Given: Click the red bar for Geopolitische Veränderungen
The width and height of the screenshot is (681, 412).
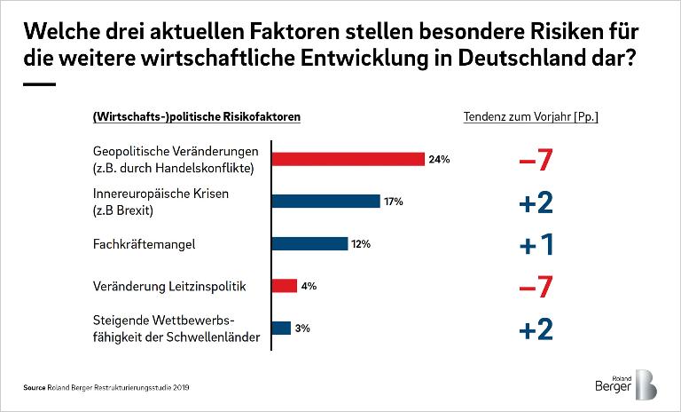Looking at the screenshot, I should pyautogui.click(x=348, y=159).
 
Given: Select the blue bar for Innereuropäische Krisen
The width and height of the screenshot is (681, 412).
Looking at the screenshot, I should pyautogui.click(x=325, y=202).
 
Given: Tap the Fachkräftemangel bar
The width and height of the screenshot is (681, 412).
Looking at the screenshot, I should pyautogui.click(x=309, y=243).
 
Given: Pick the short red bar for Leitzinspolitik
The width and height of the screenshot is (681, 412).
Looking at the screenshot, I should pyautogui.click(x=284, y=286).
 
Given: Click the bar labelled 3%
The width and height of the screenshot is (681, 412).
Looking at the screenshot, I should pyautogui.click(x=281, y=329).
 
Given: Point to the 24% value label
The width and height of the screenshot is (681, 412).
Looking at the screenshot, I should pyautogui.click(x=440, y=160).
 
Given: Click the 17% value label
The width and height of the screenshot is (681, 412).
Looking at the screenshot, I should pyautogui.click(x=393, y=202).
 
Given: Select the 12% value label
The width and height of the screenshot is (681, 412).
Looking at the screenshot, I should pyautogui.click(x=360, y=244).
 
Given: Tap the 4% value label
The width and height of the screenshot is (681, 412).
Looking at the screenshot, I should pyautogui.click(x=309, y=286).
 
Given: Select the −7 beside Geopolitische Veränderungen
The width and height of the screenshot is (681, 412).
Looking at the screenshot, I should pyautogui.click(x=536, y=161).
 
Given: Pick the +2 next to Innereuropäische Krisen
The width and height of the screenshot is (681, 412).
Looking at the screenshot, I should pyautogui.click(x=536, y=202).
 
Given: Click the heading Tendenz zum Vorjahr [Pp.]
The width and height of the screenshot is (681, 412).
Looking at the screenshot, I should pyautogui.click(x=530, y=117).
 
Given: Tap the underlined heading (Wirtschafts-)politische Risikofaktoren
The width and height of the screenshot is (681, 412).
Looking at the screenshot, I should pyautogui.click(x=196, y=117).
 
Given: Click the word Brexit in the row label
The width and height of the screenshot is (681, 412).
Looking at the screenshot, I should pyautogui.click(x=138, y=210).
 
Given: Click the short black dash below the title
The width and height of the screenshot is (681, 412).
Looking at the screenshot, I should pyautogui.click(x=38, y=84).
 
